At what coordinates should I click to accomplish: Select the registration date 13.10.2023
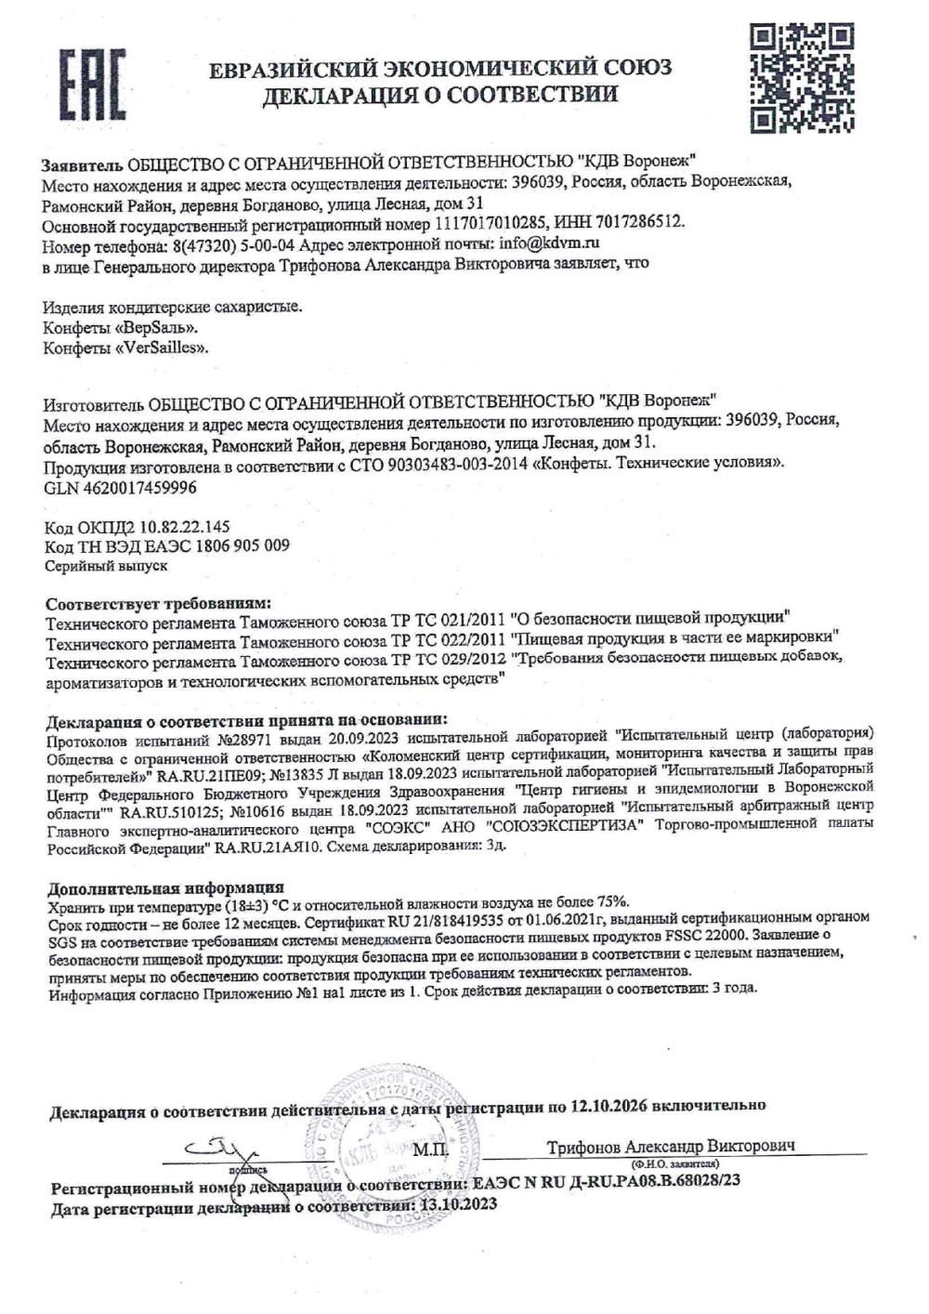point(458,1202)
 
